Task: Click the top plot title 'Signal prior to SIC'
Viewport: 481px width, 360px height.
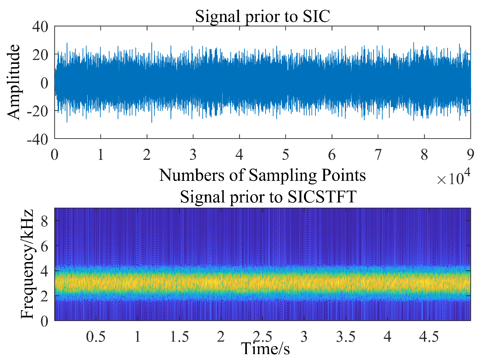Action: [262, 16]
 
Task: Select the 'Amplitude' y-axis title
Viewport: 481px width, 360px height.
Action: [14, 82]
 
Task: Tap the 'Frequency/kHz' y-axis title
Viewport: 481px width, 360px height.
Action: [27, 264]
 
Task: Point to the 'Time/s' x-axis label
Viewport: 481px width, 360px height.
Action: [265, 349]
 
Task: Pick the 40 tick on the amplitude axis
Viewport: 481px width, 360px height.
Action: [40, 27]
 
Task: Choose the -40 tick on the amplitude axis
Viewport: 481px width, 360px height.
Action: [37, 139]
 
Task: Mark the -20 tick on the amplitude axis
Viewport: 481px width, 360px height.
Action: [37, 111]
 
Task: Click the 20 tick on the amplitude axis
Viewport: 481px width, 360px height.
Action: [40, 55]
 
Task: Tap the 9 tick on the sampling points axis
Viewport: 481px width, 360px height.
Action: [471, 155]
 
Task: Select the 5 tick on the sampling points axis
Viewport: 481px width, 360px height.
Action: [286, 155]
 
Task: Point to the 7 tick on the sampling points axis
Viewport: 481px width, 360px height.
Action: [378, 155]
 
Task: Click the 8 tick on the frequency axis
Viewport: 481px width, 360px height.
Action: [44, 221]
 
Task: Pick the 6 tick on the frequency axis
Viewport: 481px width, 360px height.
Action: [44, 246]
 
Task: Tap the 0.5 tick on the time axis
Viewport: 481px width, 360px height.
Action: [96, 336]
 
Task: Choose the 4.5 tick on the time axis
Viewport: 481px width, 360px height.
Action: [429, 336]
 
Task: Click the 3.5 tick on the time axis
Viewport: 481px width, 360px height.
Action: [346, 336]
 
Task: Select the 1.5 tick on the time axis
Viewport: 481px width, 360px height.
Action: [179, 336]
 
